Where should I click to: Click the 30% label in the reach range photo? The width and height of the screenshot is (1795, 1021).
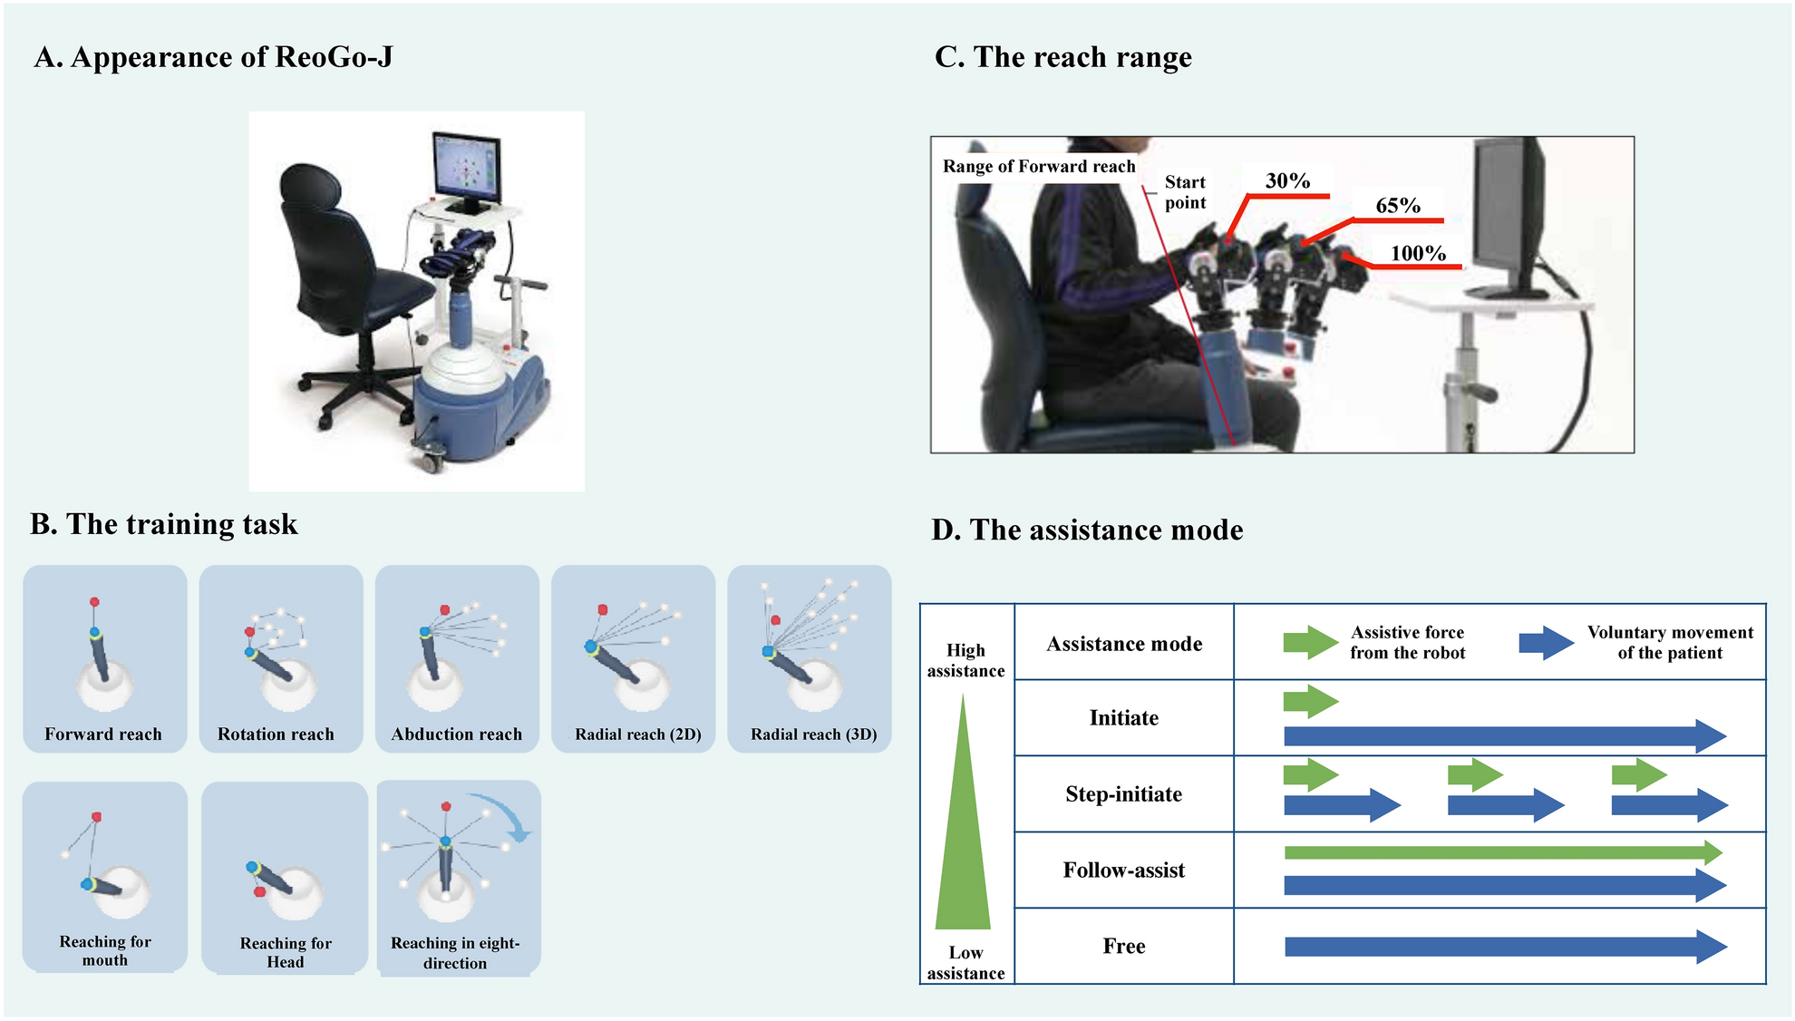click(x=1287, y=181)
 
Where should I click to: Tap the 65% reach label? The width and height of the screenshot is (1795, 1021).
click(x=1397, y=206)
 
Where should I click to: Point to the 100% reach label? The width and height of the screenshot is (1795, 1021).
click(x=1418, y=254)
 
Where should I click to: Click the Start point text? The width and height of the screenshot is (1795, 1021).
click(x=1185, y=192)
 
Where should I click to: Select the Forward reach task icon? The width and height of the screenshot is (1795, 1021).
click(x=104, y=657)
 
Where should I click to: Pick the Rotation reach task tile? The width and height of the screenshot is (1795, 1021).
click(x=280, y=657)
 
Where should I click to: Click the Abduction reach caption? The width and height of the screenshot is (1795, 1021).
click(x=456, y=734)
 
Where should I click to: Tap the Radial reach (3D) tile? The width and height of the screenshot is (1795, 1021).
click(x=809, y=657)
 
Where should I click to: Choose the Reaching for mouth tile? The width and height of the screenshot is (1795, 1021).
click(x=104, y=875)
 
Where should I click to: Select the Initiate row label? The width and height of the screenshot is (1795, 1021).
click(x=1123, y=718)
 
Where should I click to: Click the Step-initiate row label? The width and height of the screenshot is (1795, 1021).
click(x=1123, y=794)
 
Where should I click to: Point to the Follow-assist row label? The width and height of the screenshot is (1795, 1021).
click(x=1123, y=870)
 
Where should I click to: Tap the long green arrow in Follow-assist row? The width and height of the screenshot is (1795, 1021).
click(x=1500, y=852)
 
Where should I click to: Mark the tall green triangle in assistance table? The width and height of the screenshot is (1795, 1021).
click(x=963, y=843)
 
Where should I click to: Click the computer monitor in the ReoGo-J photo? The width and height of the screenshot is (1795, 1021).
click(x=467, y=170)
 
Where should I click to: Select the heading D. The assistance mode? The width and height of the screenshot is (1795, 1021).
click(x=1086, y=530)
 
